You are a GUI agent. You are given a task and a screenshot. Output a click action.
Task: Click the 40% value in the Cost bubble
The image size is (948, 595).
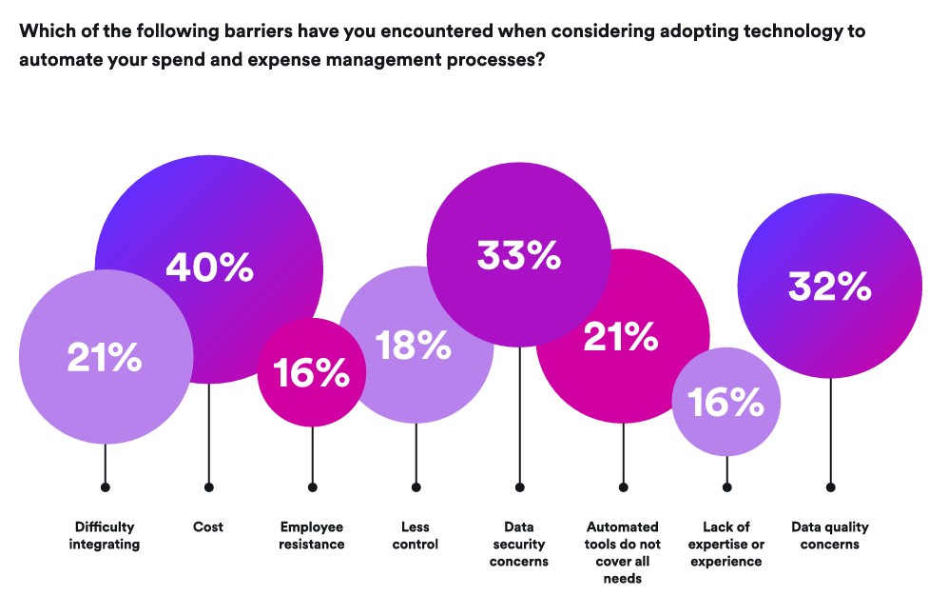coord(210,268)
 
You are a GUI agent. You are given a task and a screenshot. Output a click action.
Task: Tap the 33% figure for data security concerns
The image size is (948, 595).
coord(519,255)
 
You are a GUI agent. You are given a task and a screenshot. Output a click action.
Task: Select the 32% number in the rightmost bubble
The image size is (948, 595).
coord(829,287)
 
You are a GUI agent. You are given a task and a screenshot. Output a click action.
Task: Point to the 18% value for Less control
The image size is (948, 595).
coord(414,345)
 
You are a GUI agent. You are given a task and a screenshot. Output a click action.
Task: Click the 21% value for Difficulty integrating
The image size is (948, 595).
coord(105,357)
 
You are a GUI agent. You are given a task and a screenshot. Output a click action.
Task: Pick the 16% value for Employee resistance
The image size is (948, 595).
coord(311,372)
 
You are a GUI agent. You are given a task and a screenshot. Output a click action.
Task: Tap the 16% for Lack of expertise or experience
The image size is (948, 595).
coord(726,402)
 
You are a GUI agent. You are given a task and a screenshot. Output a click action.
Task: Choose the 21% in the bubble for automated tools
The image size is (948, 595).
coord(621,337)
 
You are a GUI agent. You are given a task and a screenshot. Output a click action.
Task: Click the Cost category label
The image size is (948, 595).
coord(208,526)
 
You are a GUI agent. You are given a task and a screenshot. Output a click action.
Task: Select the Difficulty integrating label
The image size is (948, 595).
coord(104,536)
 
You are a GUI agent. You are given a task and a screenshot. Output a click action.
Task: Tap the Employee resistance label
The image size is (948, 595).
coord(311,536)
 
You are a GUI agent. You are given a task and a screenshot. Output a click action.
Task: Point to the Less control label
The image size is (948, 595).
coord(415,536)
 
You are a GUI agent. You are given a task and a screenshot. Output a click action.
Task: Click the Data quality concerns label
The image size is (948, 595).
coord(829,536)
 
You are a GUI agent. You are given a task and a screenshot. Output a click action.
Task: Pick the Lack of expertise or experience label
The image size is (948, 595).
coord(726,545)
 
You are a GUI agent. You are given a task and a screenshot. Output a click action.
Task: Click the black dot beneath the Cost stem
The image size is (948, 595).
coord(209,487)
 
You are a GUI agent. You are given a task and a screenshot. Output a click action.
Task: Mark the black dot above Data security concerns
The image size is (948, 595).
coord(520,487)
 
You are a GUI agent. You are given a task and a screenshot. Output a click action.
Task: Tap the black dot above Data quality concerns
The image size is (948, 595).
coord(831,487)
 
